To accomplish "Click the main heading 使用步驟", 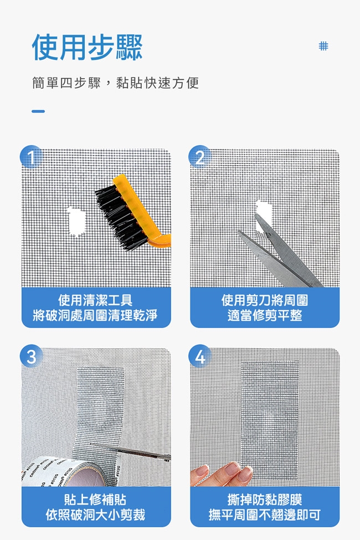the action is [87, 48].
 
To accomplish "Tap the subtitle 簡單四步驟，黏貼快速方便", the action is [115, 83].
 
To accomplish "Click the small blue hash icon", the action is [323, 46].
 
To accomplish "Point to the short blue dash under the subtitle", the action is [38, 111].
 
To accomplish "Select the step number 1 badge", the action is [32, 157].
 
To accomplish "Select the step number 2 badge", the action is [200, 157].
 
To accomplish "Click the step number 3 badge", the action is [32, 357].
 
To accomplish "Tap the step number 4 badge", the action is [200, 357].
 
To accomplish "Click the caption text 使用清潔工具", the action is [95, 300].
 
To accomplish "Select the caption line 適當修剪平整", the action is [265, 315].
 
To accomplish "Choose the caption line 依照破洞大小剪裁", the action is [95, 515].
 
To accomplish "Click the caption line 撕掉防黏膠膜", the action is [265, 500].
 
